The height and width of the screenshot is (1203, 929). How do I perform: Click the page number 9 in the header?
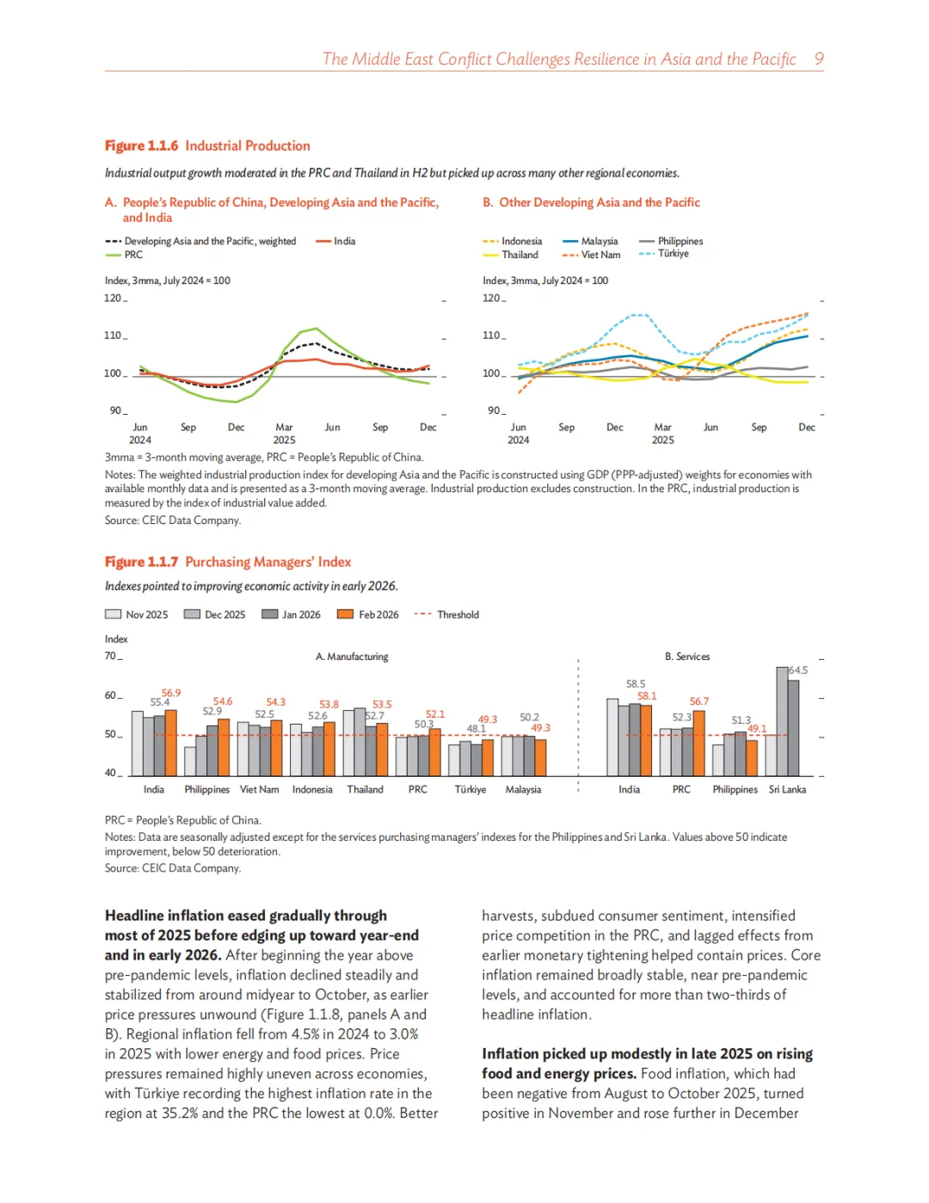tap(819, 59)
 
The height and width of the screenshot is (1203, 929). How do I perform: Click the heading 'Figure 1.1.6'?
tap(141, 146)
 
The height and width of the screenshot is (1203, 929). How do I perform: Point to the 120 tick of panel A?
tap(113, 299)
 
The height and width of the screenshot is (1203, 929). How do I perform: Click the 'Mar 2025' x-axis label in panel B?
tap(662, 433)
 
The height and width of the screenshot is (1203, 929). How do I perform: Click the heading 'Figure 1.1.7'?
tap(141, 562)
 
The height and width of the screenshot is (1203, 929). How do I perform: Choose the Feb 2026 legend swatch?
tap(346, 614)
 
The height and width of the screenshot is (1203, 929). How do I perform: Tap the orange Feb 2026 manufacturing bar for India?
tap(170, 743)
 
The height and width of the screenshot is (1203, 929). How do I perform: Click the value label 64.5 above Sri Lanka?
tap(798, 670)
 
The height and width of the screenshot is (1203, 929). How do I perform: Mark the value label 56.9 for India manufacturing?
tap(171, 693)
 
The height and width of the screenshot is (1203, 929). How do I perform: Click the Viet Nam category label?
tap(259, 789)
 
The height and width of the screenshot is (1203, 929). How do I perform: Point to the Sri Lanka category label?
tap(787, 789)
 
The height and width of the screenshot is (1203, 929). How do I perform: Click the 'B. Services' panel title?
tap(687, 657)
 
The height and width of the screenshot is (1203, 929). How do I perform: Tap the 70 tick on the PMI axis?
tap(111, 656)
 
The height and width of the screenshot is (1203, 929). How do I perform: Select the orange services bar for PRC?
tap(698, 743)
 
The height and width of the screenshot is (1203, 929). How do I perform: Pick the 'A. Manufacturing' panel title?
tap(352, 657)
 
